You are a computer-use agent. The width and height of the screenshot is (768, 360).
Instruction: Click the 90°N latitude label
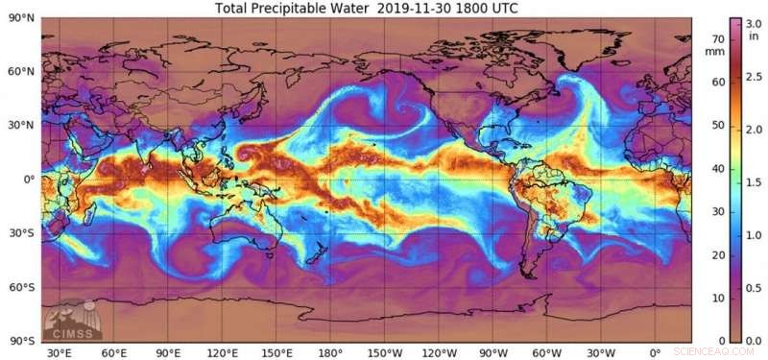click(20, 17)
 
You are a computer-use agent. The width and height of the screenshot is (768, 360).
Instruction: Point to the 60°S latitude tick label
click(20, 287)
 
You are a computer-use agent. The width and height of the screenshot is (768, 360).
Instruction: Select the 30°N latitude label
click(20, 125)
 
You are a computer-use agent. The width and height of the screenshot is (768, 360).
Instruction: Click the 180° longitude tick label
click(329, 353)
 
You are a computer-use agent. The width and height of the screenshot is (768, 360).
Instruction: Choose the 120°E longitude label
click(221, 353)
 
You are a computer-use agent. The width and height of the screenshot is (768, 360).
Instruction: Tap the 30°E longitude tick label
click(60, 353)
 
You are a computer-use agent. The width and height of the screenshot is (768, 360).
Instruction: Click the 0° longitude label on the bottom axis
click(654, 353)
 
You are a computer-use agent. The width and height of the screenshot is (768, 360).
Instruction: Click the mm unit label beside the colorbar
click(715, 54)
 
